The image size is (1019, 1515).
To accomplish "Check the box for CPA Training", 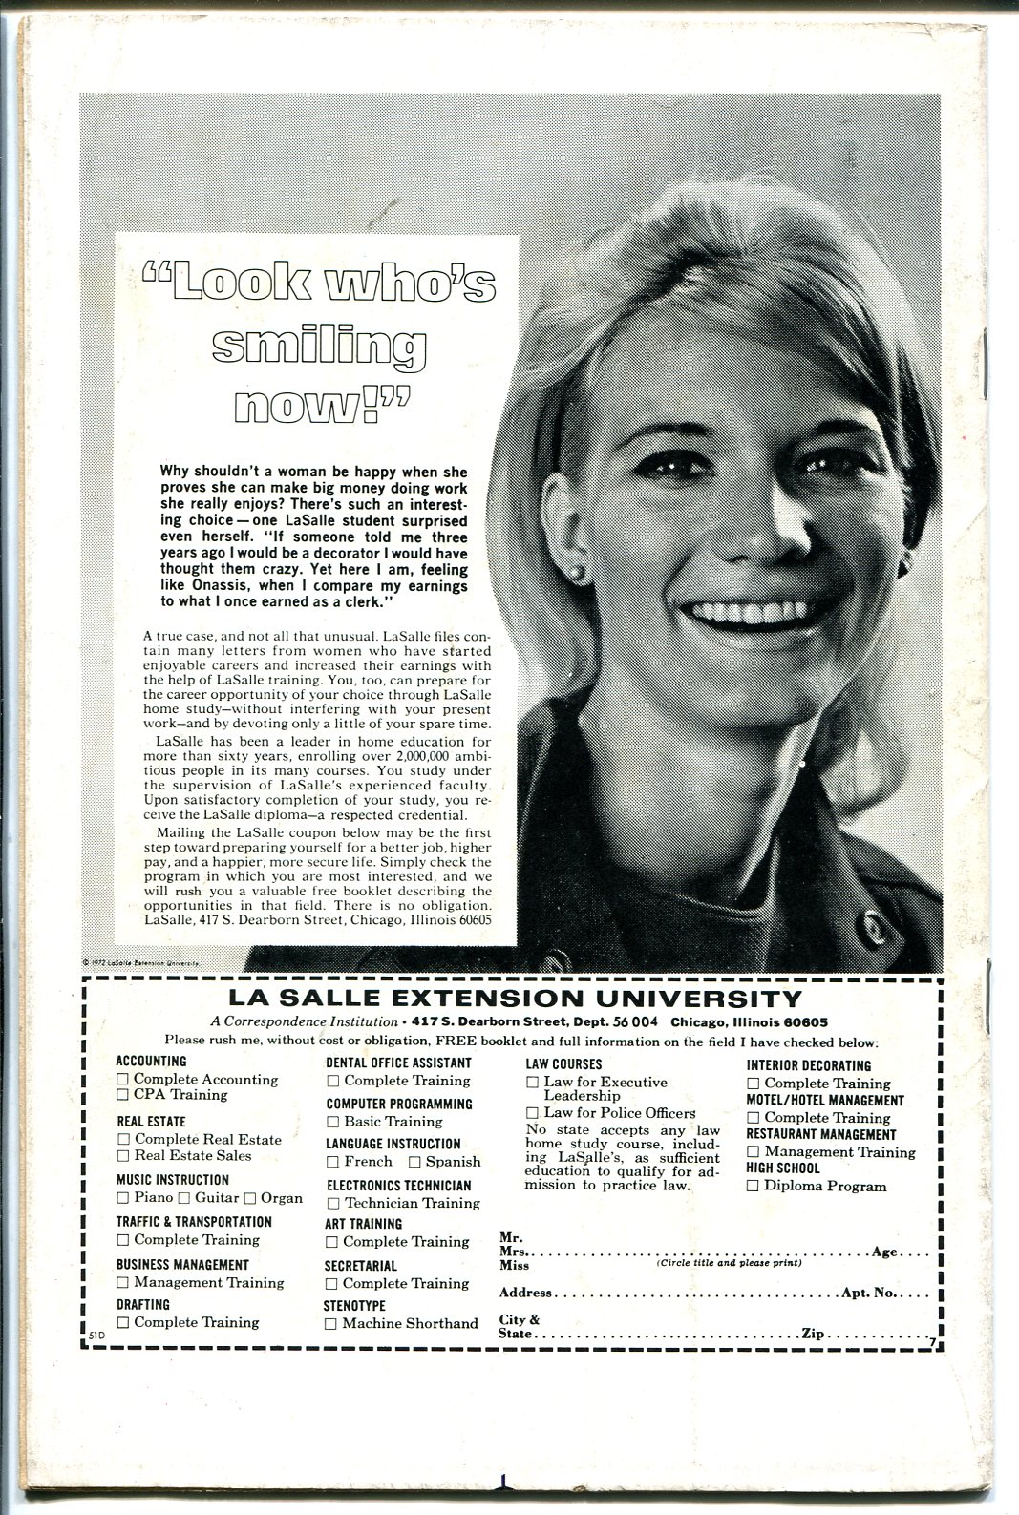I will [123, 1095].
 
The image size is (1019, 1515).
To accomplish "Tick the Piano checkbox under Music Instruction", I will [122, 1197].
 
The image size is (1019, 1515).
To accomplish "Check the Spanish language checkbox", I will [414, 1162].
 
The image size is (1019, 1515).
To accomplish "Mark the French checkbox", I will [332, 1162].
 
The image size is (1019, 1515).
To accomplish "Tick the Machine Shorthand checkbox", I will [330, 1323].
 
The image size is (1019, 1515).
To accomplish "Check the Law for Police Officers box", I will [532, 1112].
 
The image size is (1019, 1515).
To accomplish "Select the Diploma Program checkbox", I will [753, 1187].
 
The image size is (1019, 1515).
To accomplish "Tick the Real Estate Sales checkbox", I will [123, 1155].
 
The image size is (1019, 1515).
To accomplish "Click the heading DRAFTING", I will [143, 1304].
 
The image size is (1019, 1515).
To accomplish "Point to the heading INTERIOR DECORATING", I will [808, 1065].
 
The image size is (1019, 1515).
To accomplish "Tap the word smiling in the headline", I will [319, 347].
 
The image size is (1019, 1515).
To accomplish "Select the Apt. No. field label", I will [868, 1293].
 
